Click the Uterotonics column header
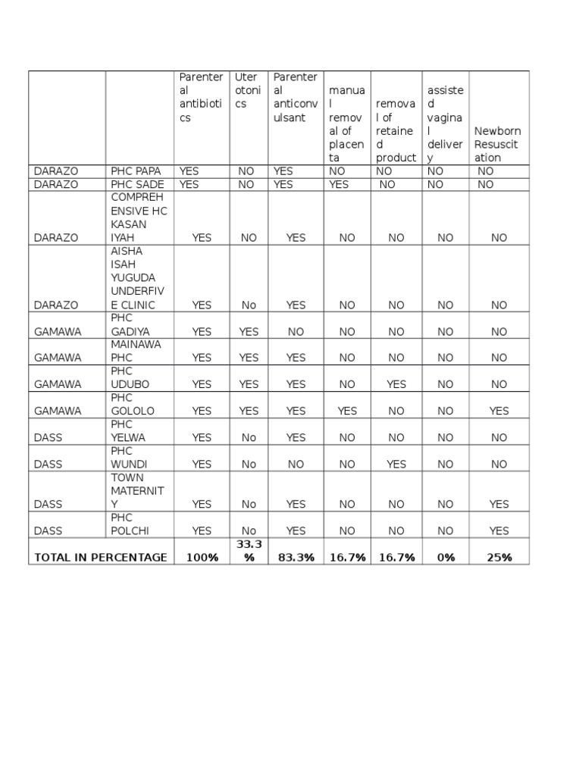[248, 90]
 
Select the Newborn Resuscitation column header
[497, 144]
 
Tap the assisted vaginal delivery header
[445, 124]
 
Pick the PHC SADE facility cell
[137, 184]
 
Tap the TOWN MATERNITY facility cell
[137, 491]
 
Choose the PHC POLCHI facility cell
[130, 524]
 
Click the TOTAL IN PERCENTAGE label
[101, 557]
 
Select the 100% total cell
[202, 557]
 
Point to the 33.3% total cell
[249, 551]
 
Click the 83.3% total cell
[296, 557]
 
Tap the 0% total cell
[446, 557]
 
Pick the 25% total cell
[499, 557]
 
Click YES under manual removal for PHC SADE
[339, 184]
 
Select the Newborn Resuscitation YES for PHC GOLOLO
[499, 411]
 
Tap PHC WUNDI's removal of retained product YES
[396, 464]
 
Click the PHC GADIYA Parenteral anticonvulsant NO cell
[296, 331]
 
